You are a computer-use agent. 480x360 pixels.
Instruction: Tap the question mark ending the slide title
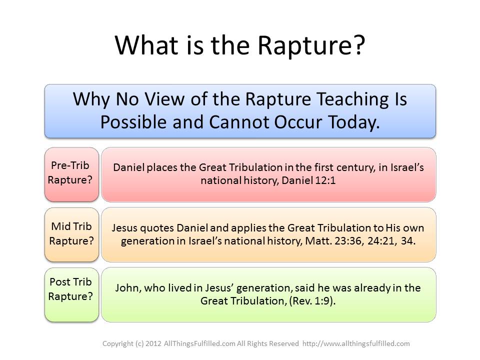[358, 46]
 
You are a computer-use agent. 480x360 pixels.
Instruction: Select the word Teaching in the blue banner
[340, 99]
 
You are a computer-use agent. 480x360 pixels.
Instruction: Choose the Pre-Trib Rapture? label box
[71, 173]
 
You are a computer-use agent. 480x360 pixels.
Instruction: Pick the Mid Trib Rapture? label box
[71, 233]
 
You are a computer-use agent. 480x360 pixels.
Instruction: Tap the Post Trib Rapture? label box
[71, 289]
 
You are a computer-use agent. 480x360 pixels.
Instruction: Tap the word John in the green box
[125, 288]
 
